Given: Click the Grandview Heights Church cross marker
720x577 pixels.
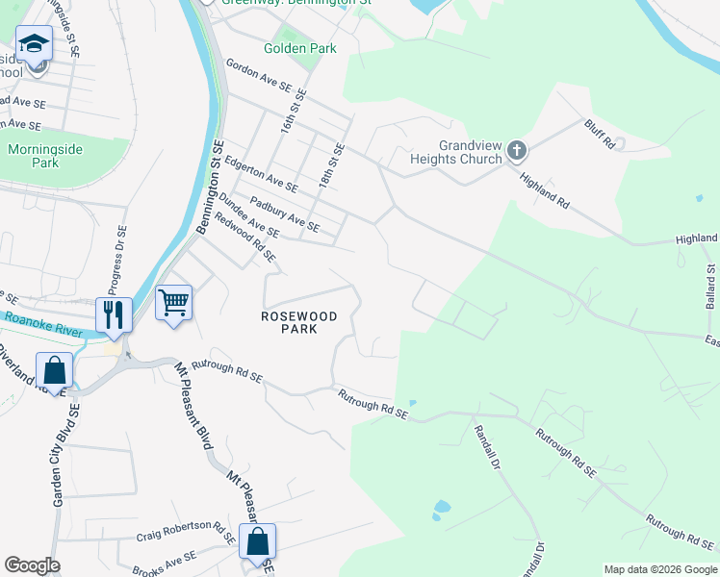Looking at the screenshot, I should pos(517,150).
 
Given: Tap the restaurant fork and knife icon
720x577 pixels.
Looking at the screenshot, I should pos(114,314).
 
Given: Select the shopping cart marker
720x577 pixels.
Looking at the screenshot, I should pos(173,303).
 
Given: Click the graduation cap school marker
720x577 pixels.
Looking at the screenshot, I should pos(34,44).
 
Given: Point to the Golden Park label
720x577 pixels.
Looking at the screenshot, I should pos(300,48).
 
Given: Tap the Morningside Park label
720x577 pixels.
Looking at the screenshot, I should pos(45,156).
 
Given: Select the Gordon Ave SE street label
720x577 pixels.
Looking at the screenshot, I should pos(258,75).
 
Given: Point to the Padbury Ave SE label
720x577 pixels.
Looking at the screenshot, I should pos(284,213).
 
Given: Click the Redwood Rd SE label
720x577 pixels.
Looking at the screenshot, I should pos(245,237).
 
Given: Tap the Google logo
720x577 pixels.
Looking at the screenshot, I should pos(32,565).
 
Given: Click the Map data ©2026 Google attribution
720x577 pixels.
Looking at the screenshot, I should pos(660,569).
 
